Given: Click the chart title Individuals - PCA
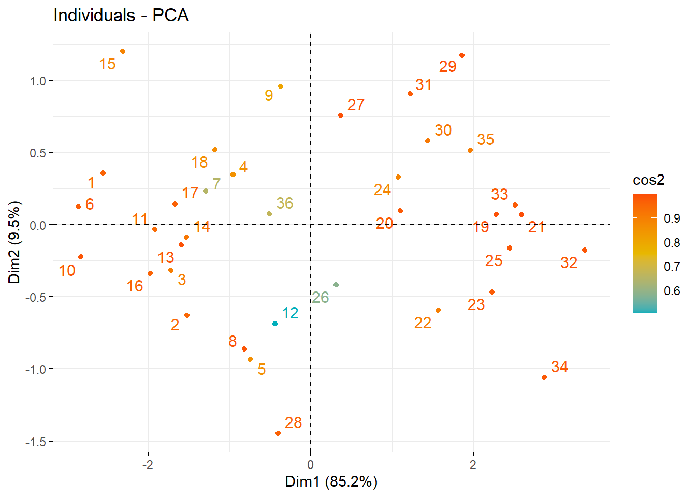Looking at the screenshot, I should point(121,16).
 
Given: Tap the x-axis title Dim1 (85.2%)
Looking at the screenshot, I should point(331,482).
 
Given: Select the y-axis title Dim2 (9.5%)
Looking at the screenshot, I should point(15,242).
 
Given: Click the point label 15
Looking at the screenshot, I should point(107,64).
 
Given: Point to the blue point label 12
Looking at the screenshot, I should point(290,313).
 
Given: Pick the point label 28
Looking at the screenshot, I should point(293,423).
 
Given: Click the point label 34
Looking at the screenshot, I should point(559,367).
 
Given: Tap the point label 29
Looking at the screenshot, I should point(447,67).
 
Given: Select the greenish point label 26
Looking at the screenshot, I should point(320,298).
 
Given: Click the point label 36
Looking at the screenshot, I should point(284,203).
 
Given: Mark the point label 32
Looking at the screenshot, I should point(569,263).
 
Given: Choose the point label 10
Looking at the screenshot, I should point(67,271).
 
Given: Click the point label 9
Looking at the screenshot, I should point(269,95).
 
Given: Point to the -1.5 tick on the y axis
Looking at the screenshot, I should point(36,442).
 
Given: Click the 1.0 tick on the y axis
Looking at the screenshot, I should point(38,81).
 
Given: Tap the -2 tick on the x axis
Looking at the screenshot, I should point(148,465).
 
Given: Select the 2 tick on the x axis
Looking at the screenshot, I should point(473,465).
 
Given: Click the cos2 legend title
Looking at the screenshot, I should point(648,180).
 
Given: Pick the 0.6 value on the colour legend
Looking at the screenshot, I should point(672,291).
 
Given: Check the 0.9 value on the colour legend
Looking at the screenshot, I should point(672,218).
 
